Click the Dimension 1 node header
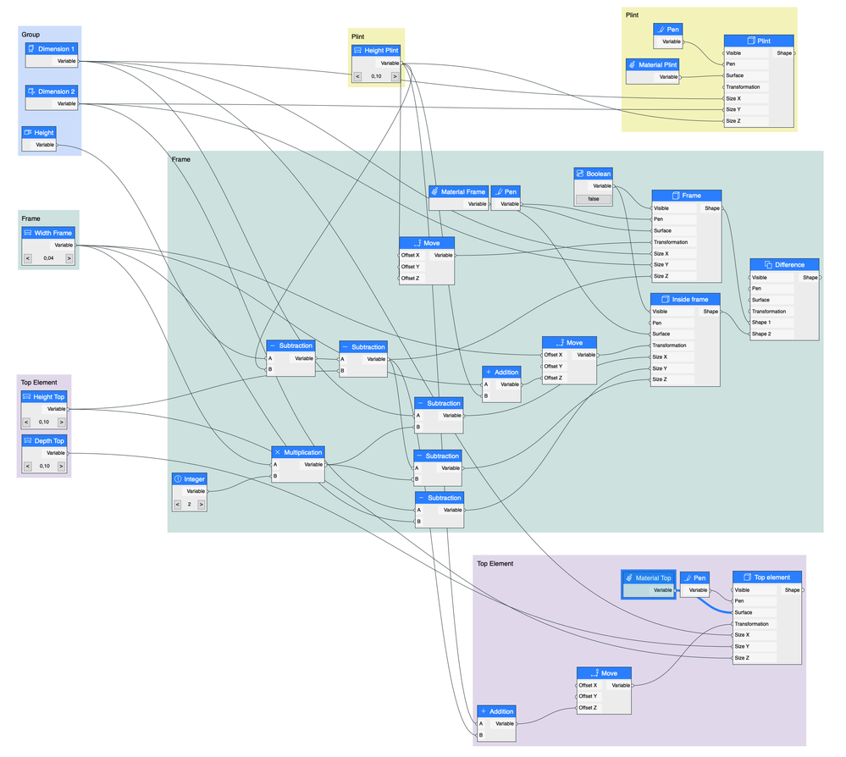tap(51, 49)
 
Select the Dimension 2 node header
tap(51, 91)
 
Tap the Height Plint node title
tap(376, 51)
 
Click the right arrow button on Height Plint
tap(395, 76)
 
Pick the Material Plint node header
tap(653, 64)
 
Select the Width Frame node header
tap(48, 233)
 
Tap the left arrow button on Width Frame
tap(27, 258)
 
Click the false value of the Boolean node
tap(593, 199)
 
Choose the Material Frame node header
tap(458, 192)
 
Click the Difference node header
tap(784, 264)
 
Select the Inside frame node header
tap(685, 299)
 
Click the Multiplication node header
tap(298, 452)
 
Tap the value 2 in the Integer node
tap(190, 504)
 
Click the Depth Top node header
tap(44, 441)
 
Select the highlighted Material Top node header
tap(648, 578)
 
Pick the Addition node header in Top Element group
tap(495, 711)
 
